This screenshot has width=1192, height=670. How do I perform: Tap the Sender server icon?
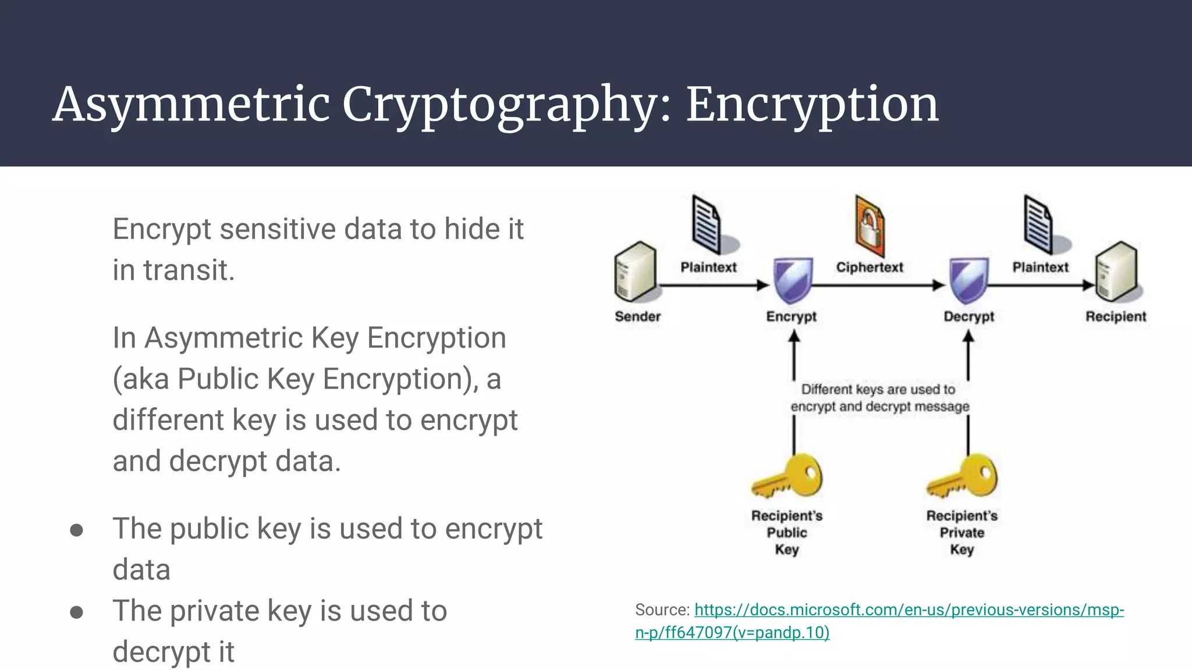click(x=636, y=272)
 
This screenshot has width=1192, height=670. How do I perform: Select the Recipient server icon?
click(x=1116, y=272)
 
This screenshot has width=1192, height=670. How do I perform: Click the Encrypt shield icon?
click(x=792, y=280)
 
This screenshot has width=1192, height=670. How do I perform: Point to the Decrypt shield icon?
click(x=968, y=280)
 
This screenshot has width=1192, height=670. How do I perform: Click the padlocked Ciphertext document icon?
click(x=870, y=227)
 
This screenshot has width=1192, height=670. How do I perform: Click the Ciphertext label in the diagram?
click(x=870, y=268)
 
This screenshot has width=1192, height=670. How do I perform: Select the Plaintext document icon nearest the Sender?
click(x=707, y=226)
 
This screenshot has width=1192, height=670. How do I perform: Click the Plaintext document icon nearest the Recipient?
click(x=1039, y=226)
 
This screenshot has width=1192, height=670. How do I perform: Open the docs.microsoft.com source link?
click(x=908, y=610)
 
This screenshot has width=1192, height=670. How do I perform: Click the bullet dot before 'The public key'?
click(x=76, y=530)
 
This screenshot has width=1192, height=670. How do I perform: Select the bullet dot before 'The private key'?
click(x=76, y=612)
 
